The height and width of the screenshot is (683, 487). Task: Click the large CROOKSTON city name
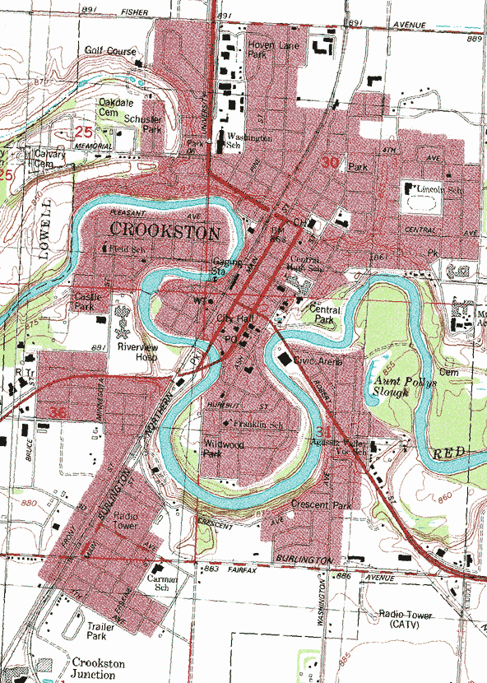(165, 233)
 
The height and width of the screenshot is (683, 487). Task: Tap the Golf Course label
(110, 51)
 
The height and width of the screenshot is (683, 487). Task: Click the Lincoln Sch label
(436, 189)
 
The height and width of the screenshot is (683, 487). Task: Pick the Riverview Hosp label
(136, 353)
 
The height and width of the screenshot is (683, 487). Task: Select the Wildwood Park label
(223, 448)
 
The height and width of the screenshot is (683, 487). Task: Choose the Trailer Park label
(101, 630)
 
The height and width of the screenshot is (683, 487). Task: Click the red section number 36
(58, 412)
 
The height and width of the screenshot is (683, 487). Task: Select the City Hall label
(233, 317)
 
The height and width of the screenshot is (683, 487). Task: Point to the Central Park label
(325, 315)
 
